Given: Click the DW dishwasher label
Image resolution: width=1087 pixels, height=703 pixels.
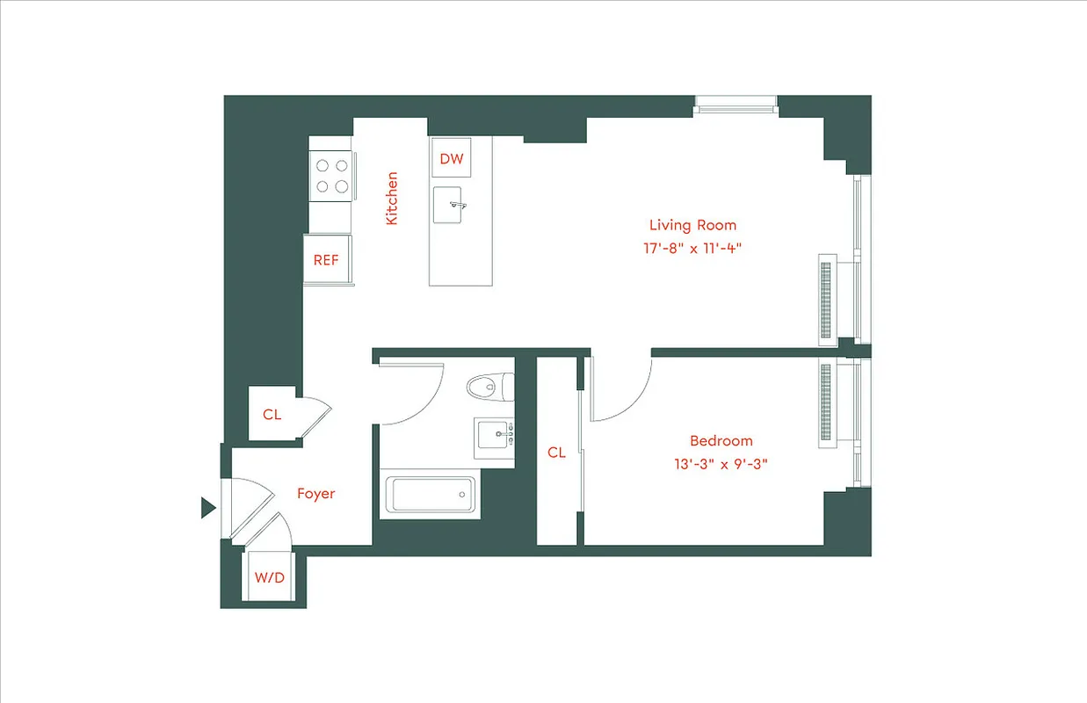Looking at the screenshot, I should coord(452,159).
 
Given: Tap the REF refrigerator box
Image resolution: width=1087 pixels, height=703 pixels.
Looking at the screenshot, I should coord(326,260).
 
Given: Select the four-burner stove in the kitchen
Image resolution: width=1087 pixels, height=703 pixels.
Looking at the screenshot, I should coord(330,175).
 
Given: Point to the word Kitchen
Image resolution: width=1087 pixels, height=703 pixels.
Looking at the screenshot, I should coord(392,198).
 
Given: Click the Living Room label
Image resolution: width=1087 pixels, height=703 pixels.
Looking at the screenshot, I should coord(692,225).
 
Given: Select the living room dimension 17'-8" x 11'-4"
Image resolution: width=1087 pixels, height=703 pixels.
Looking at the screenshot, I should coord(692,248).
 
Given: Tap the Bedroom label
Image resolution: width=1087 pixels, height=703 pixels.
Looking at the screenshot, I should coord(721,441).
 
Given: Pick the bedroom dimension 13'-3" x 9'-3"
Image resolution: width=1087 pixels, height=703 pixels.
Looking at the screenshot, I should coord(721,464).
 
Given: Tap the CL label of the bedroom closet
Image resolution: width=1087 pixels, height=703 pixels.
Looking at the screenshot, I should coord(556,453).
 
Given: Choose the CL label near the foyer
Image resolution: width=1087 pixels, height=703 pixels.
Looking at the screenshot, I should coord(272,414).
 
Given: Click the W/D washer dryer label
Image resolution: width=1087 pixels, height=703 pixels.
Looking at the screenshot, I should coord(270,577).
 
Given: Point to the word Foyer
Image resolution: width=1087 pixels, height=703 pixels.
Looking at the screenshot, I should coord(315,494).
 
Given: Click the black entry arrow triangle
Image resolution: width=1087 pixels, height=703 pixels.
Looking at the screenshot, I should coord(207,507).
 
